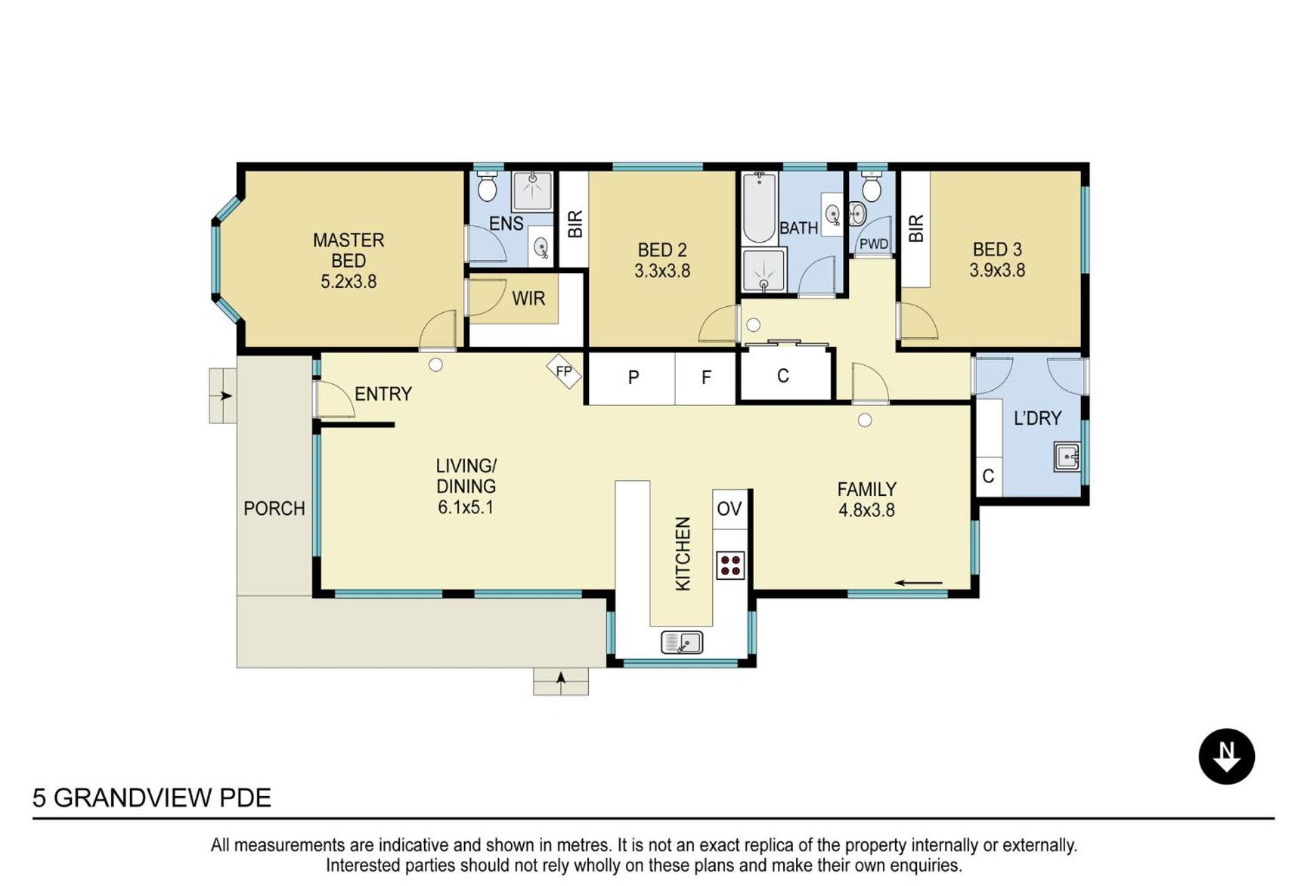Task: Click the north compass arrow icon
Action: (x=1226, y=757)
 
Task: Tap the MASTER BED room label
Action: (x=348, y=250)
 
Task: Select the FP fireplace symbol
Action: (x=564, y=371)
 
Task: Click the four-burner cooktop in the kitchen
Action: (x=730, y=565)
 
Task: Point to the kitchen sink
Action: (x=682, y=641)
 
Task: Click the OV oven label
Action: (x=729, y=509)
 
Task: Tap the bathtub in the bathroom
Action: (x=759, y=208)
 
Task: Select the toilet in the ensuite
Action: (x=487, y=186)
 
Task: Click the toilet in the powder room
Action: (x=872, y=186)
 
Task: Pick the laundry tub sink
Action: (x=1067, y=457)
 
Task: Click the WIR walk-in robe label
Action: (x=529, y=298)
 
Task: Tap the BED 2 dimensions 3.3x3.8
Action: (x=662, y=271)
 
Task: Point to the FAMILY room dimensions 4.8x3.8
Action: (x=867, y=510)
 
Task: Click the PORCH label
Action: (x=274, y=509)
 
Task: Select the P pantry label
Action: (x=634, y=377)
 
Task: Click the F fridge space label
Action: (x=706, y=377)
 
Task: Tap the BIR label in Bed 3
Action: (x=916, y=228)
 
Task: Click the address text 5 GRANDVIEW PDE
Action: (x=152, y=798)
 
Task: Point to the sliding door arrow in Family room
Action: (x=918, y=583)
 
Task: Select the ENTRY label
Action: (x=384, y=394)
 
